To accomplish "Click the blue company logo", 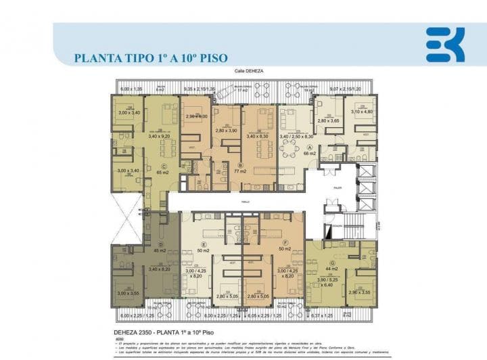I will pos(445,45).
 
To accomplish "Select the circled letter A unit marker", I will pos(310,147).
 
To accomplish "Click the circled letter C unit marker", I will pos(163,166).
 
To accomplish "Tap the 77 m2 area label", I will pos(240,172).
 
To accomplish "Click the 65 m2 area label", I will pos(163,173).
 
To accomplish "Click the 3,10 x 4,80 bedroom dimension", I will pos(362,112).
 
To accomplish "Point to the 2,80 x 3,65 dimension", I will pos(329,121).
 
